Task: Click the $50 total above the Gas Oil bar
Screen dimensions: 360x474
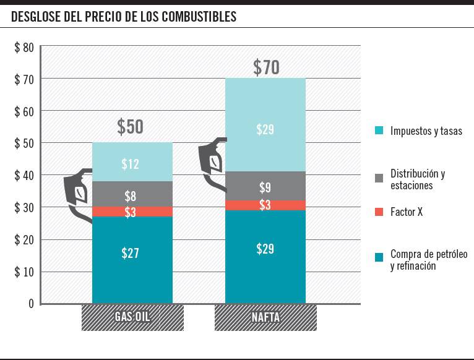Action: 130,127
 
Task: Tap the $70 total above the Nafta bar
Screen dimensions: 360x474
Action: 266,67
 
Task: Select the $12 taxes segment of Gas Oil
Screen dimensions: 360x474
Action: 130,164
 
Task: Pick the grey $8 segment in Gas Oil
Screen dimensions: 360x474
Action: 130,197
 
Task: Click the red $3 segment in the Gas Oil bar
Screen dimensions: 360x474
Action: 130,212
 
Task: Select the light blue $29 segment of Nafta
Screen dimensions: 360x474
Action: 265,130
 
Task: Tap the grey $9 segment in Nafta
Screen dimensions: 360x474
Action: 265,187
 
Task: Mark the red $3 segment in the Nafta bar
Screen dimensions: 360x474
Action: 265,205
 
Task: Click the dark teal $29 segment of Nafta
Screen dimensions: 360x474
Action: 265,249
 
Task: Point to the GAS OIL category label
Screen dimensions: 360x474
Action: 132,318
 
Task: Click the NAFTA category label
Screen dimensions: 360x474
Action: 265,318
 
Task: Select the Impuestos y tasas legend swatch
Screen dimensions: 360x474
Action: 379,131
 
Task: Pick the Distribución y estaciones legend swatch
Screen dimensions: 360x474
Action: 379,178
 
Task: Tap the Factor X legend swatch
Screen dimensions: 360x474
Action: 379,212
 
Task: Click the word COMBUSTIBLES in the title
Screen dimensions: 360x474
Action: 199,17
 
